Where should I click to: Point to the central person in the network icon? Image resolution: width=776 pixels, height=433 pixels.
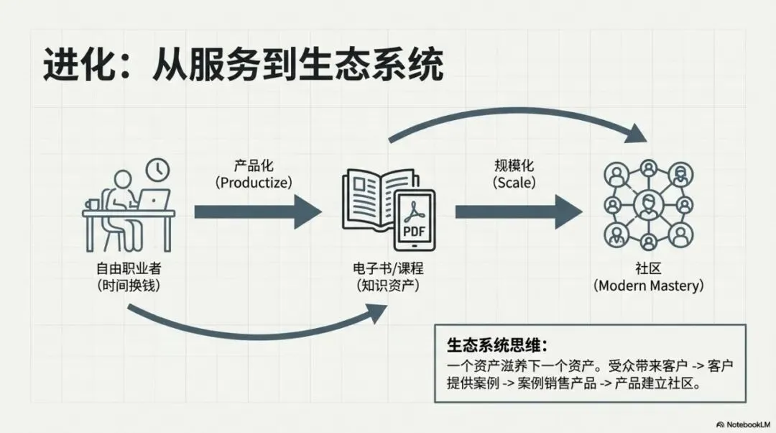[649, 203]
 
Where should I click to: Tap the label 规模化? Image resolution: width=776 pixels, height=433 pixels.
[514, 163]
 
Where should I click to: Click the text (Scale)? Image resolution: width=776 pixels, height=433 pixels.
[514, 182]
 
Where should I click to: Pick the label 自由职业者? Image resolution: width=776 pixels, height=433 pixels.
[129, 270]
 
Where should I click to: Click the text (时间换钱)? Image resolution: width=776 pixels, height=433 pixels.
[129, 286]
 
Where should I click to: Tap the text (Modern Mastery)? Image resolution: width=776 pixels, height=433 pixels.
[648, 286]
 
